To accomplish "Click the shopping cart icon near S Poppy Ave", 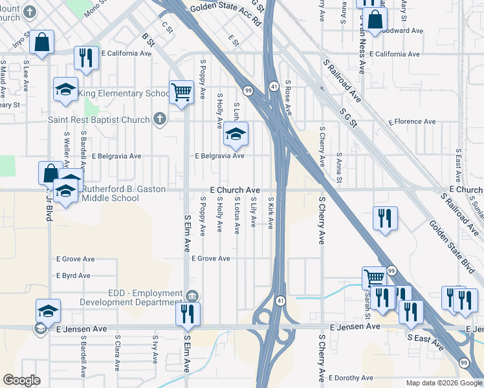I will [181, 91].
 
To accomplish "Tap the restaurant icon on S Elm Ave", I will [188, 314].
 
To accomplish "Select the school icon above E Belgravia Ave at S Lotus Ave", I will [236, 135].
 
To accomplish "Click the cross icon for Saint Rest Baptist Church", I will [160, 119].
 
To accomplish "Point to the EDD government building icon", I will [192, 296].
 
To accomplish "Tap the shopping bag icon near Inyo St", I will [42, 43].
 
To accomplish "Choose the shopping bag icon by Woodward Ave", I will [375, 21].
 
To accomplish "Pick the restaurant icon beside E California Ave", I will [85, 58].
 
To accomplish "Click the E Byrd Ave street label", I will [73, 275].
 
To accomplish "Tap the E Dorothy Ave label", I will [351, 378].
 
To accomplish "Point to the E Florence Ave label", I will [412, 122].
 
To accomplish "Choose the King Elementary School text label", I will [124, 94].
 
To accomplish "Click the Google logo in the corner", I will [21, 380].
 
